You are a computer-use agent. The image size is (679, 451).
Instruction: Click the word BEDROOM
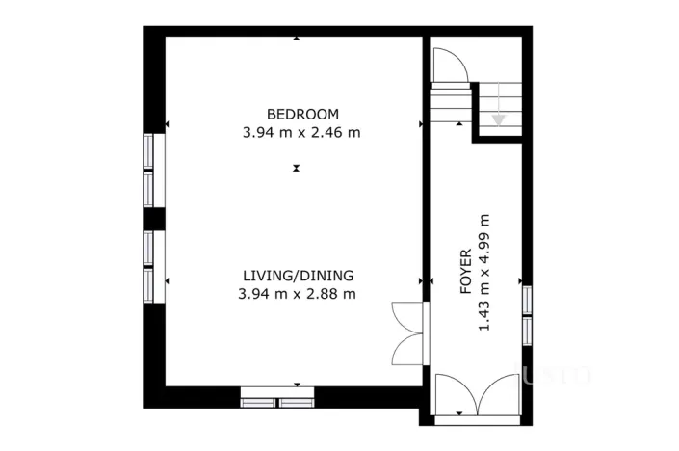(302, 115)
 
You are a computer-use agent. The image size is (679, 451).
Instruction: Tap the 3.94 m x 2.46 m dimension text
(301, 133)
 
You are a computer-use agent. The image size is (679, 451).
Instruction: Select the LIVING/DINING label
(298, 276)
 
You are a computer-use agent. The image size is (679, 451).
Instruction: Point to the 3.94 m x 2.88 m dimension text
(297, 294)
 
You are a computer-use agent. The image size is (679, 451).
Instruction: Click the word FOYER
(465, 272)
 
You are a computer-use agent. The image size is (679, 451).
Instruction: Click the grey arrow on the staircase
(499, 104)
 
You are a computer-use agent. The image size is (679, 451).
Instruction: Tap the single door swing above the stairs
(451, 65)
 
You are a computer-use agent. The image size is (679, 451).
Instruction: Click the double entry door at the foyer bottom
(478, 395)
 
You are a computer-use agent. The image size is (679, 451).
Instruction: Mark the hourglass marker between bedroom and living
(297, 168)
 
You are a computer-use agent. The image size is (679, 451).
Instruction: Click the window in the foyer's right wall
(527, 316)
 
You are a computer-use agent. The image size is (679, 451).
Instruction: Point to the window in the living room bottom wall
(277, 398)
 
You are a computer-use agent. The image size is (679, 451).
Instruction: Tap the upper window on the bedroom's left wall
(154, 171)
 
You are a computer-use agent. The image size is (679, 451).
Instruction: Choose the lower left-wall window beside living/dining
(154, 266)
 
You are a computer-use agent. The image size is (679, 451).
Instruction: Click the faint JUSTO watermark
(553, 375)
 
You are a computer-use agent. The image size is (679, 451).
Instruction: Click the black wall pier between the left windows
(154, 219)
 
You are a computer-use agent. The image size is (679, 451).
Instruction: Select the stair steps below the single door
(451, 103)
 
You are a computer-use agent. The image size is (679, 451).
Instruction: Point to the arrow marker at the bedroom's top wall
(297, 39)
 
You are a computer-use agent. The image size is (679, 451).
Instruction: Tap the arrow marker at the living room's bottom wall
(297, 385)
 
